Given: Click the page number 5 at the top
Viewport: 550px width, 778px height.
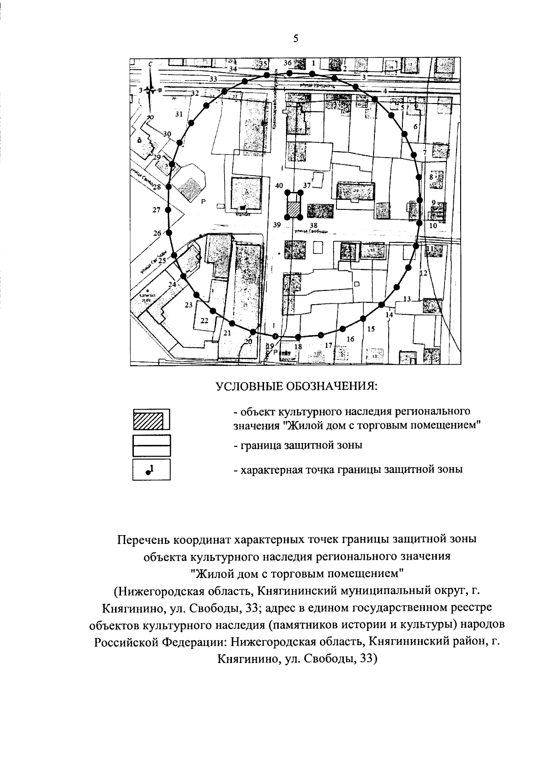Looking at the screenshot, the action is (296, 39).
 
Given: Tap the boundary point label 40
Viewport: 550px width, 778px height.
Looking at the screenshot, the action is (279, 186).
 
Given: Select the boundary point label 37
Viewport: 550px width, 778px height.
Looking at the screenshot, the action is (307, 186).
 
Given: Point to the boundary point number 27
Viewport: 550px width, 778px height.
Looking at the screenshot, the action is (157, 210).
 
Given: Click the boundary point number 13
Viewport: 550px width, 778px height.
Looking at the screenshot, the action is (407, 299).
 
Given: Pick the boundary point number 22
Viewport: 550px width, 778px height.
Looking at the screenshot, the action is (205, 320).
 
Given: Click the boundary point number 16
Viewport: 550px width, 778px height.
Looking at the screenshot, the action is (351, 339).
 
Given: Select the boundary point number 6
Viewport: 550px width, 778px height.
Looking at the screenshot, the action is (416, 126).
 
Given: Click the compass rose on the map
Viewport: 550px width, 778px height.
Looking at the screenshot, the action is (150, 89).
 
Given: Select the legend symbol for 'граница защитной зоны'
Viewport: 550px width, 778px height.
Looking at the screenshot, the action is (151, 446).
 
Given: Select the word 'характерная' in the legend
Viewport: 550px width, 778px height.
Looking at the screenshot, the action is (271, 470).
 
